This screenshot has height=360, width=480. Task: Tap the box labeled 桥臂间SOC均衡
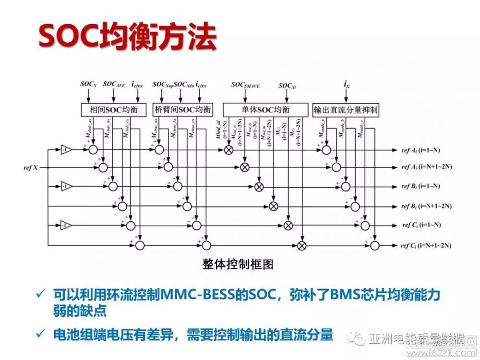(x=182, y=109)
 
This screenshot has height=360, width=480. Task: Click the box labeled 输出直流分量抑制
(x=346, y=109)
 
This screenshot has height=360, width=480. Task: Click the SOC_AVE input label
(x=114, y=84)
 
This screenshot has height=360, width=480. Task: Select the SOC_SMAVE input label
(x=246, y=84)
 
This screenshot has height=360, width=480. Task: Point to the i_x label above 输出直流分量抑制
(x=346, y=84)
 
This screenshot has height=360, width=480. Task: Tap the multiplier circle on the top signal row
(x=229, y=150)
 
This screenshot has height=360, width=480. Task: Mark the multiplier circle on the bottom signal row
(x=302, y=245)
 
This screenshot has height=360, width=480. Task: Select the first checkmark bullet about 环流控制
(x=45, y=295)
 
